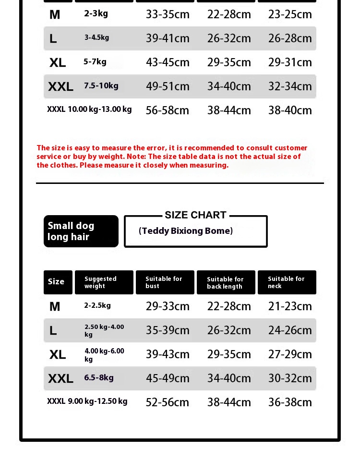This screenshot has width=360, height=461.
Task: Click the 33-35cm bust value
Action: point(168,14)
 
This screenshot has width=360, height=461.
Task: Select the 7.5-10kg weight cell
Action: point(101,86)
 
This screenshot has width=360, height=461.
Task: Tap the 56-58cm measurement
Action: point(168,110)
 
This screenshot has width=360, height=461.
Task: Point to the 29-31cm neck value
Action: point(290,62)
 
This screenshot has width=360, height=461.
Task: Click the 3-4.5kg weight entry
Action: point(97,37)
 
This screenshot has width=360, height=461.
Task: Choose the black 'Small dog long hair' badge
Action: point(81,231)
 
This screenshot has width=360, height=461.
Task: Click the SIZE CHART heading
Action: point(195,215)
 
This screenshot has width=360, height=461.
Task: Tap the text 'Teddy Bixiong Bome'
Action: point(186,231)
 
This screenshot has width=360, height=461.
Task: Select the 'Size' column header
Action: point(56,282)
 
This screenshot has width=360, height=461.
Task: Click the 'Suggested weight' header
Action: point(101,282)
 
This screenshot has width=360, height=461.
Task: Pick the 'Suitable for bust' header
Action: point(164,282)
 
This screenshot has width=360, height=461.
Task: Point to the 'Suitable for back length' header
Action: point(225,283)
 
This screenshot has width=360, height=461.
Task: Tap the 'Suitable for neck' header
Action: point(286,282)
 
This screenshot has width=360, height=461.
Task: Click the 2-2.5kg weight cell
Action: point(97,305)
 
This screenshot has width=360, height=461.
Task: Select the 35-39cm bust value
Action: point(168,330)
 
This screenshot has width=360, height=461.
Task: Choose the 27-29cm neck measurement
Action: point(290,354)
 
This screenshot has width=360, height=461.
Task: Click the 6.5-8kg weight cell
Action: point(99,377)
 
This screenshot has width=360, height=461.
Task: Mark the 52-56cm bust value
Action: point(168,402)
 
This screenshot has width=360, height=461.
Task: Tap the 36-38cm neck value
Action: point(290,402)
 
